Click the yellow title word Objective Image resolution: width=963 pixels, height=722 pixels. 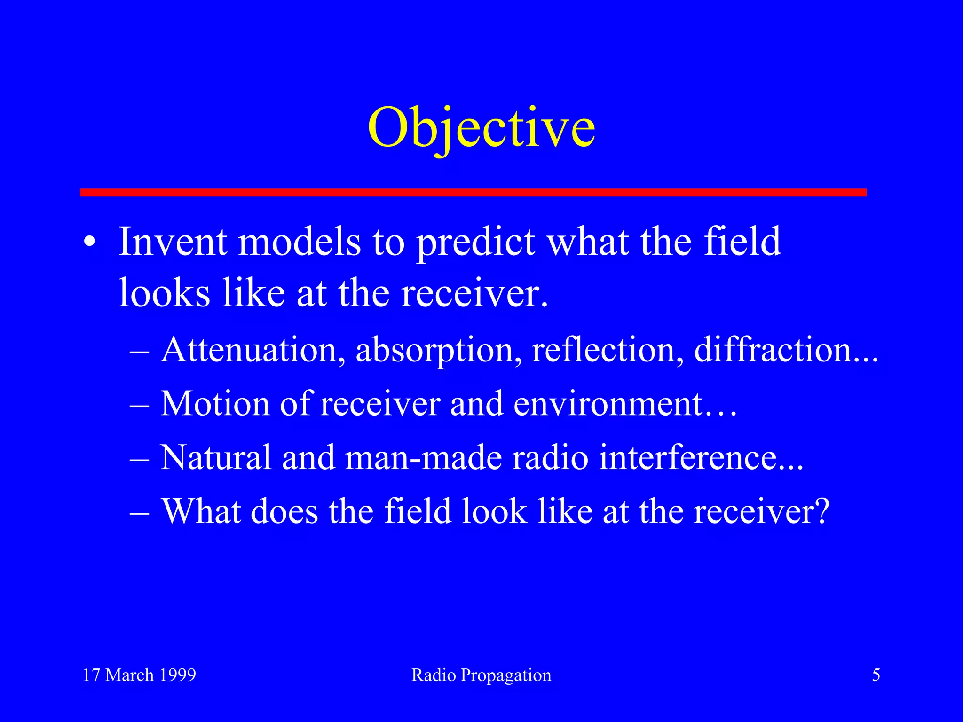pyautogui.click(x=481, y=128)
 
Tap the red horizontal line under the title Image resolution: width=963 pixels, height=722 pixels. pyautogui.click(x=473, y=192)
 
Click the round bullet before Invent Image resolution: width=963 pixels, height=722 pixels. pyautogui.click(x=89, y=243)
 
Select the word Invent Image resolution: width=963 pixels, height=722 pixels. pyautogui.click(x=173, y=242)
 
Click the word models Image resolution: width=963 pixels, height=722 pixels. pyautogui.click(x=300, y=242)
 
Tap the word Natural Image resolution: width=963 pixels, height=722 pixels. pyautogui.click(x=216, y=457)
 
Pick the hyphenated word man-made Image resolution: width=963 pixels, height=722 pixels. pyautogui.click(x=423, y=457)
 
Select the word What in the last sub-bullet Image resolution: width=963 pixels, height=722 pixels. pyautogui.click(x=201, y=511)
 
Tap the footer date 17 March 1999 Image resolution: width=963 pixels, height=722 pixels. pyautogui.click(x=139, y=675)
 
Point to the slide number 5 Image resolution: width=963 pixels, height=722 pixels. pyautogui.click(x=876, y=675)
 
